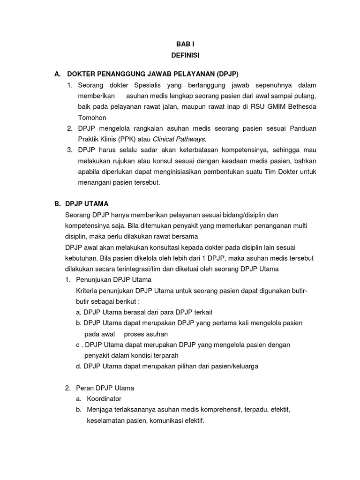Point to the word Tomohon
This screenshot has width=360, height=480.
[92, 118]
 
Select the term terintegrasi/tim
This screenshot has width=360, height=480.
[143, 269]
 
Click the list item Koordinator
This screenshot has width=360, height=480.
[104, 399]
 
